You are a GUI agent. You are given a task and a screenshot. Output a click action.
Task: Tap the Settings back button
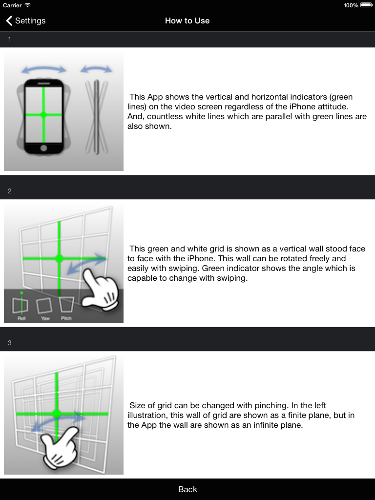point(25,21)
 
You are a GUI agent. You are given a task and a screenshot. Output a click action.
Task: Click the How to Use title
point(187,21)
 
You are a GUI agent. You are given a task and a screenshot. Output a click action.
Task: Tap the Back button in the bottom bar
point(187,489)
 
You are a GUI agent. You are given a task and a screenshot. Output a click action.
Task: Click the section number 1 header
point(10,39)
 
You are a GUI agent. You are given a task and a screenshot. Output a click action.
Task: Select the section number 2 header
point(10,191)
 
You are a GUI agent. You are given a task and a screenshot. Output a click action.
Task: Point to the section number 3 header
point(10,343)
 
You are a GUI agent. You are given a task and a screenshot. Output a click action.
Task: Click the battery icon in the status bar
point(366,5)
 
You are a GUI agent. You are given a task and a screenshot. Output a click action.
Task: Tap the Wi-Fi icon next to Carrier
point(28,5)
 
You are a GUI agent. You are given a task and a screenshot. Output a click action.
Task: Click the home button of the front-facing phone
point(43,148)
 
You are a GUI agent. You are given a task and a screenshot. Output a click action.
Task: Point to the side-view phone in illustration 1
point(96,117)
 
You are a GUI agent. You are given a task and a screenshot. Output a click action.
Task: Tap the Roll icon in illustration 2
point(21,305)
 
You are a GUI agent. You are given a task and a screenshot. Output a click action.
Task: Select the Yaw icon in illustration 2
point(44,306)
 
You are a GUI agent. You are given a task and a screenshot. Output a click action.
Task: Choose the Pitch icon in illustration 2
point(66,305)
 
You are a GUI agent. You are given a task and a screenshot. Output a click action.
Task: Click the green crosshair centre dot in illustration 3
point(57,414)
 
